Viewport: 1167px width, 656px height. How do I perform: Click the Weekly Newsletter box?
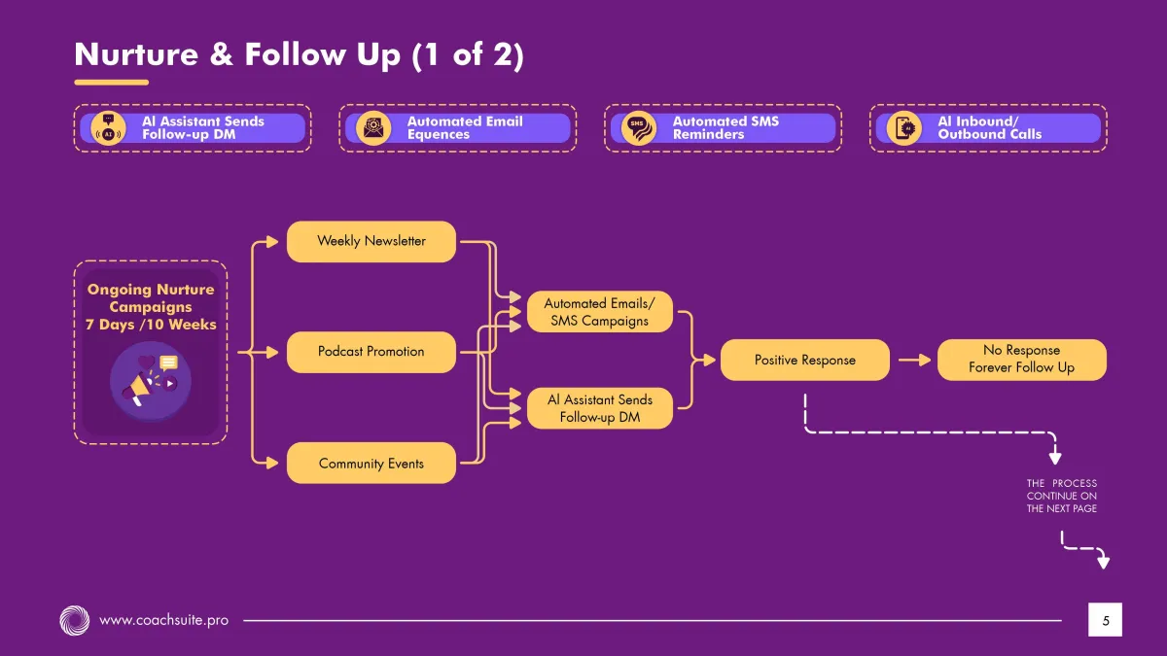click(x=371, y=241)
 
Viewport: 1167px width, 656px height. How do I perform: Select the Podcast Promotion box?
click(x=371, y=352)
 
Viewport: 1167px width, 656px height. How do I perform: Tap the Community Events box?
click(x=371, y=464)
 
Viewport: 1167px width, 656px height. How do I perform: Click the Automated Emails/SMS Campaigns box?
click(x=599, y=312)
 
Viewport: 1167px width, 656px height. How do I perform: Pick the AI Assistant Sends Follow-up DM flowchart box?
click(x=599, y=408)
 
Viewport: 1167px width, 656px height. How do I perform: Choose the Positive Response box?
click(x=804, y=360)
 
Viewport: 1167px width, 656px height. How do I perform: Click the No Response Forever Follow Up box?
click(x=1021, y=360)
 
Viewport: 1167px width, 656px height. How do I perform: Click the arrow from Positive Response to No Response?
click(x=914, y=360)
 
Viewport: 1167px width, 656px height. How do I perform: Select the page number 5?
click(x=1105, y=619)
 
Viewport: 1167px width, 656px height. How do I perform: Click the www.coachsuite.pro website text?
click(x=164, y=619)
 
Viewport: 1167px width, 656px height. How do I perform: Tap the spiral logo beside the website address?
click(x=74, y=619)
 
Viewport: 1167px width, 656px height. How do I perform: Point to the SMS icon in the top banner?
click(x=638, y=128)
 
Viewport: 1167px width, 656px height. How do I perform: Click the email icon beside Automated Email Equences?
click(x=373, y=128)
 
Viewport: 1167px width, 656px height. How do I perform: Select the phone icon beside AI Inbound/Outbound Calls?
click(x=904, y=128)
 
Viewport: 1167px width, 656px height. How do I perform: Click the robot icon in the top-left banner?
click(x=108, y=128)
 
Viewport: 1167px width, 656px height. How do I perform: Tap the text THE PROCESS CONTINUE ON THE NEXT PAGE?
click(x=1061, y=496)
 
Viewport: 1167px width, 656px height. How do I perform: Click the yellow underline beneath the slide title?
click(x=111, y=83)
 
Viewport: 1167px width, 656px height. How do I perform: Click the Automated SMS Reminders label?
click(x=725, y=128)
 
